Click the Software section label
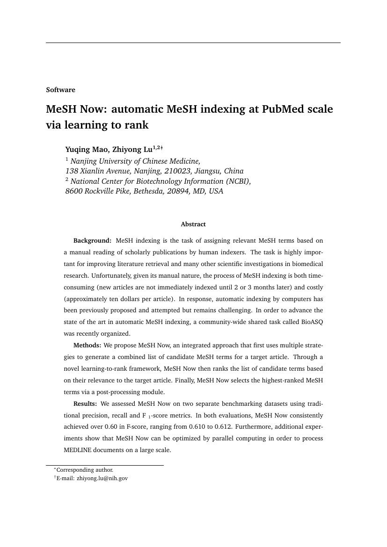click(x=60, y=90)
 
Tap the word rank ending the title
click(x=136, y=125)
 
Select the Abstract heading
click(x=193, y=224)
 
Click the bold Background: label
click(x=92, y=241)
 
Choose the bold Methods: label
click(x=87, y=345)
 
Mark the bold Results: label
click(x=85, y=403)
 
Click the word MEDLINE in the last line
click(x=78, y=450)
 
